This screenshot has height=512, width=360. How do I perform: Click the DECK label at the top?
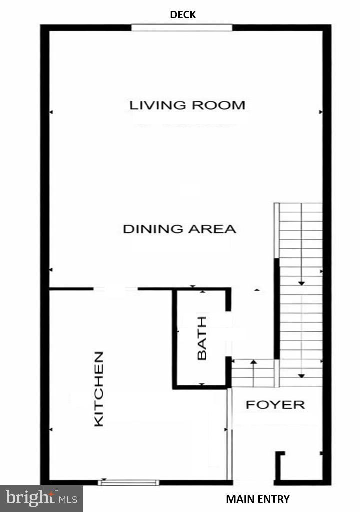click(x=183, y=15)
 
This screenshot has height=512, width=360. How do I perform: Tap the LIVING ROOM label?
click(x=187, y=105)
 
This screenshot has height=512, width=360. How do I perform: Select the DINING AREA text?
click(x=179, y=229)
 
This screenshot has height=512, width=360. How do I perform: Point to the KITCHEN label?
click(x=99, y=389)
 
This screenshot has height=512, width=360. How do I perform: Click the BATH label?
click(x=202, y=345)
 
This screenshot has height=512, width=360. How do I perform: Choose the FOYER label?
click(x=275, y=405)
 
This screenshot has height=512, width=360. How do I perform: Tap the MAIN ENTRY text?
click(x=258, y=499)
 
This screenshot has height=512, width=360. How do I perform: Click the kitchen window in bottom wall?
click(x=129, y=482)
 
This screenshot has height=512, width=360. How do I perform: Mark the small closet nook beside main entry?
click(x=300, y=467)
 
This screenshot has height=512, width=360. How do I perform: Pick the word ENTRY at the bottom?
click(x=274, y=499)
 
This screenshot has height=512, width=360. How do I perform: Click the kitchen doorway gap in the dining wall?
click(x=115, y=289)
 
